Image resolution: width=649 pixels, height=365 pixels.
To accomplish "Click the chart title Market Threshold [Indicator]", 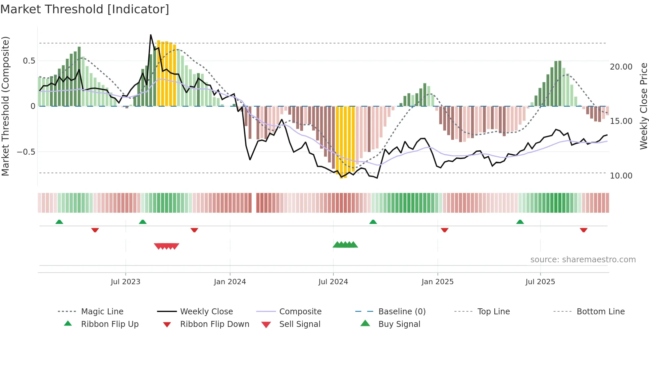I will pyautogui.click(x=85, y=9).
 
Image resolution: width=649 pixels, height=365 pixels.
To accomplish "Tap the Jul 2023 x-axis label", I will pyautogui.click(x=125, y=282).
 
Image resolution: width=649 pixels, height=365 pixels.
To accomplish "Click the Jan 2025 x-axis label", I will pyautogui.click(x=437, y=282).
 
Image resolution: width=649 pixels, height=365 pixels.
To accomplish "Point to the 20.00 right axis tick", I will pyautogui.click(x=621, y=67).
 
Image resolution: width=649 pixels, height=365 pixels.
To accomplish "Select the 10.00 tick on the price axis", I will pyautogui.click(x=621, y=176).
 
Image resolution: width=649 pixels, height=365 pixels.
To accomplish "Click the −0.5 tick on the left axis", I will pyautogui.click(x=26, y=152).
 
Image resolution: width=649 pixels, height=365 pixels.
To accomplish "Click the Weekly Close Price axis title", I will pyautogui.click(x=643, y=106).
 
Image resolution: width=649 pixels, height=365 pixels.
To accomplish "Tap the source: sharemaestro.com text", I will pyautogui.click(x=583, y=259).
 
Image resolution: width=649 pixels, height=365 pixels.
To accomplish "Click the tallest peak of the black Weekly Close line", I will pyautogui.click(x=151, y=35).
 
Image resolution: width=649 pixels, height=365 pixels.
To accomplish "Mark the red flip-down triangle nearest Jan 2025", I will pyautogui.click(x=444, y=230).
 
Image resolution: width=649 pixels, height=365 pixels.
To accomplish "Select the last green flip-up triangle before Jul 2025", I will pyautogui.click(x=520, y=222).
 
